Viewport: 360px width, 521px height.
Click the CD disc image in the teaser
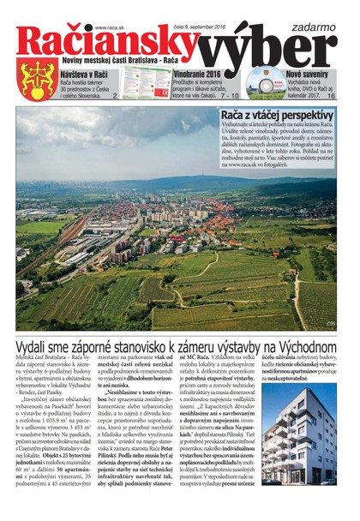coord(265,84)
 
